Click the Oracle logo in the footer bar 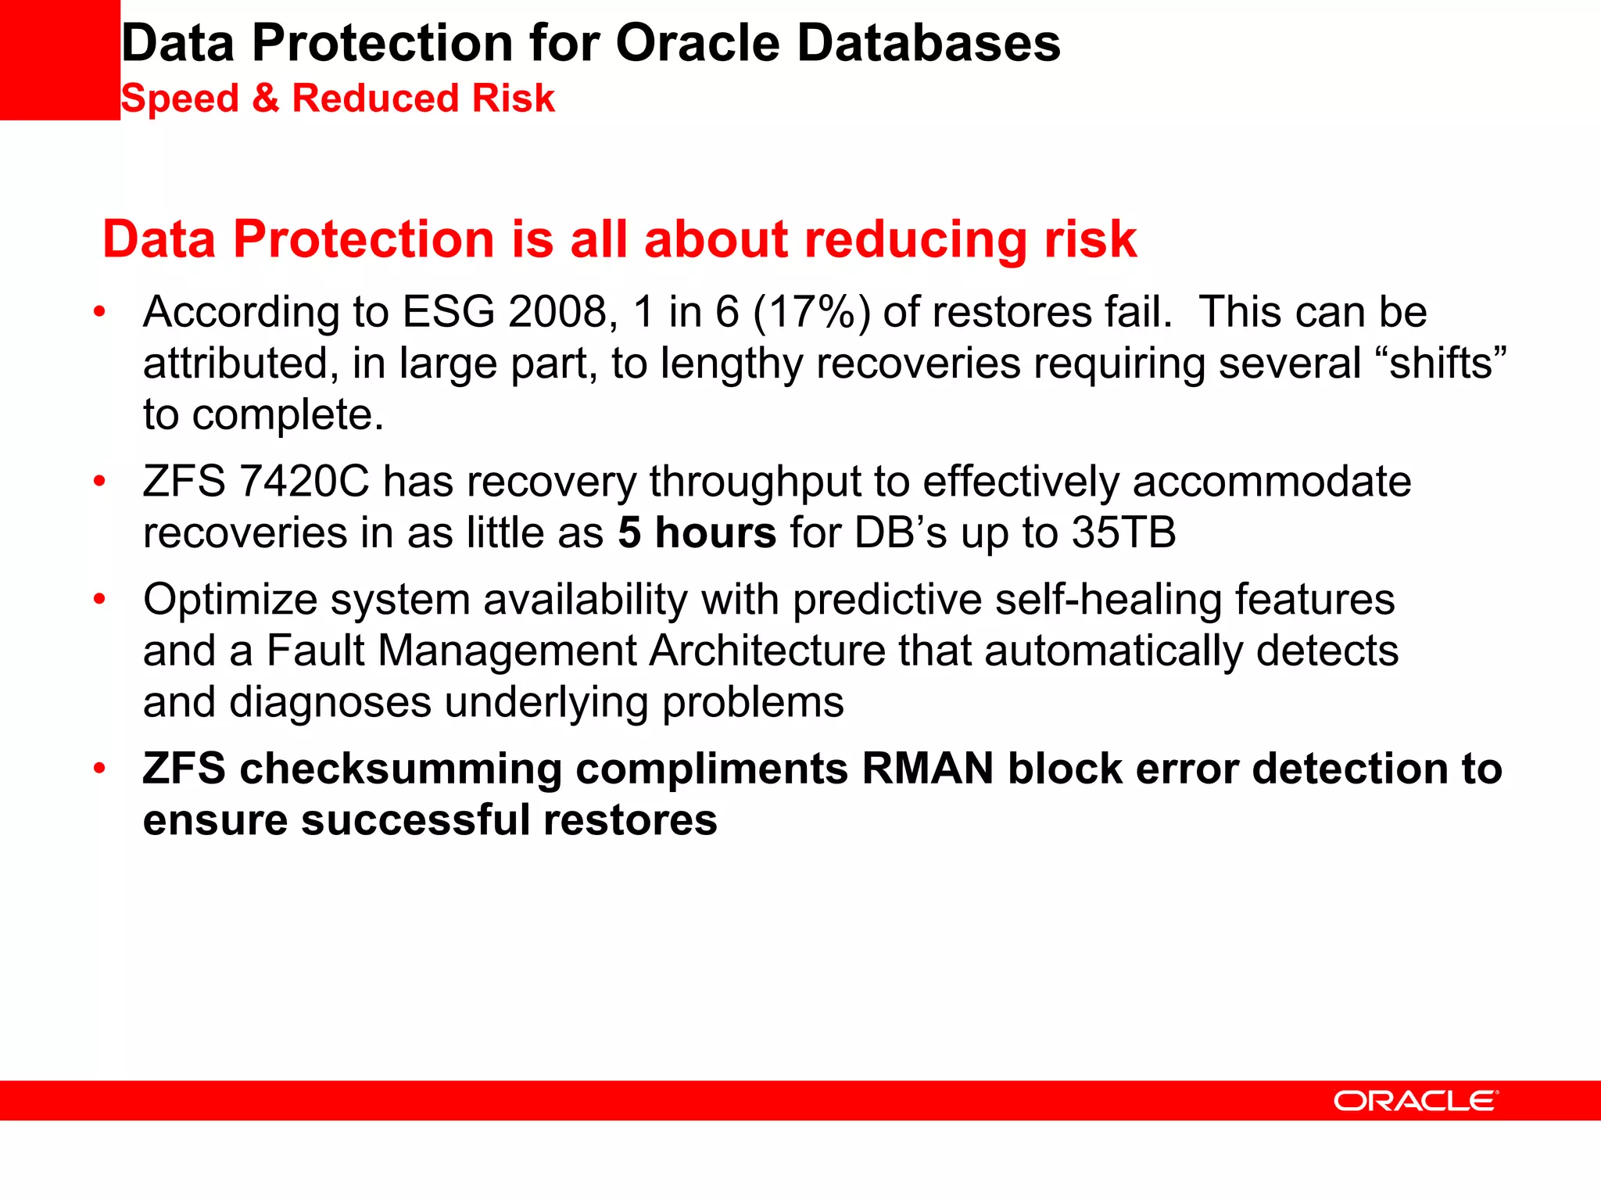(x=1416, y=1101)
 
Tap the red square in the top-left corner (x=59, y=59)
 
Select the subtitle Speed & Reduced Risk (x=337, y=99)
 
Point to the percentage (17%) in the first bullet (x=811, y=312)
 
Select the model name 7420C (x=303, y=482)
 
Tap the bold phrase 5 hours (x=697, y=533)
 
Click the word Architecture (x=766, y=651)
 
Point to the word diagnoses (x=330, y=702)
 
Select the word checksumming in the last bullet (x=400, y=769)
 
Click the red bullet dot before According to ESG (x=99, y=312)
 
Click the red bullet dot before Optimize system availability (x=99, y=600)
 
